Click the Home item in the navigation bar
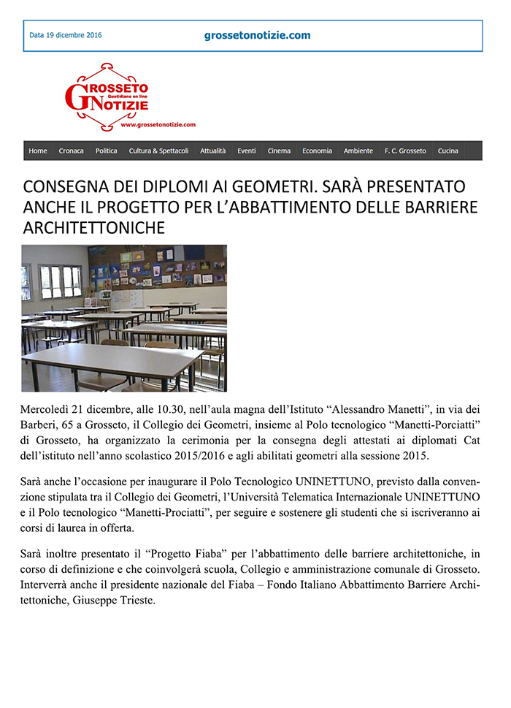pos(38,151)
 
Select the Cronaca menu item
pos(71,151)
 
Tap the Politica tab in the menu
pos(106,151)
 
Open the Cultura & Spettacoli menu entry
pos(158,151)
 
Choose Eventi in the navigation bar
pos(247,151)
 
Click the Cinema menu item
pos(279,151)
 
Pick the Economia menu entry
pos(317,151)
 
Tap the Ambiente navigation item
pos(358,151)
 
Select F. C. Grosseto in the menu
pos(405,151)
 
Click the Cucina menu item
pos(447,151)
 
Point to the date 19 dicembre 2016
pos(66,35)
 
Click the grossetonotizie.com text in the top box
pos(258,35)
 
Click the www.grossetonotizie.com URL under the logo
pos(158,125)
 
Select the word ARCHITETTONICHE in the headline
pos(94,227)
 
